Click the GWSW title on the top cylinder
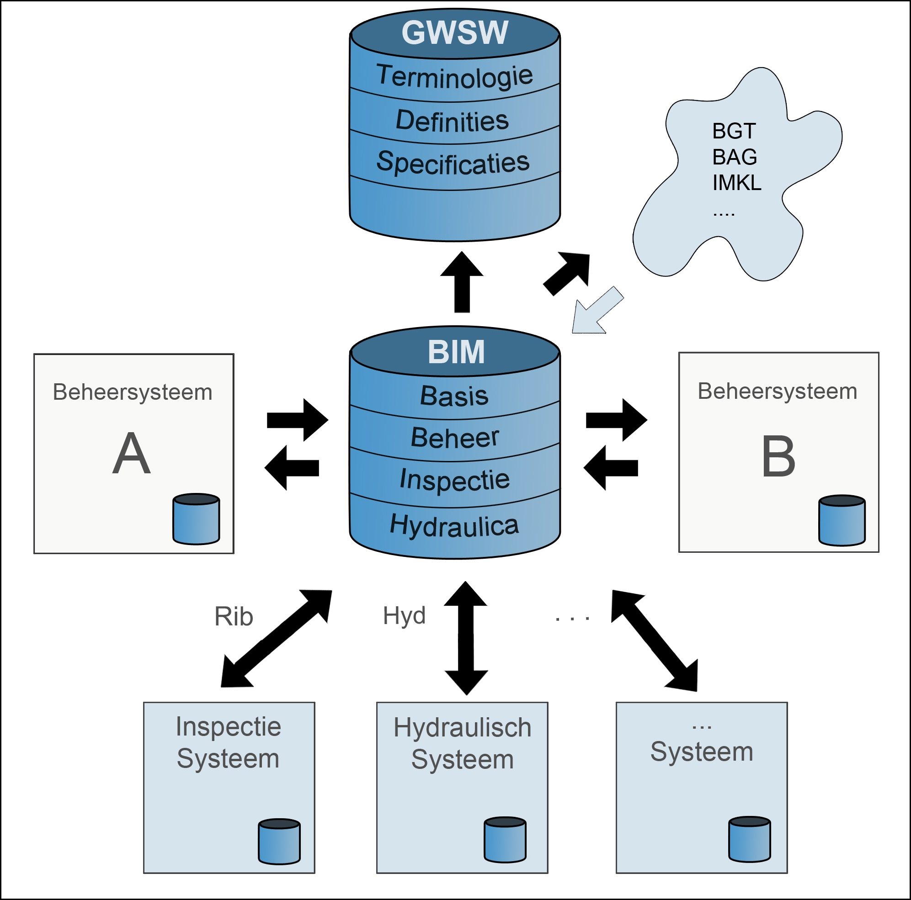[454, 32]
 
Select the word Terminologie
[454, 76]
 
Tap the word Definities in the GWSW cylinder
[452, 121]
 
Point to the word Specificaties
[453, 163]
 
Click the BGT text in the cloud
[734, 131]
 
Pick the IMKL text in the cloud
[736, 183]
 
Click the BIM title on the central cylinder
[456, 352]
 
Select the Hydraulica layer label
[454, 525]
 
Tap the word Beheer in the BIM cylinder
[454, 438]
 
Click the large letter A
[132, 454]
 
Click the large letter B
[778, 456]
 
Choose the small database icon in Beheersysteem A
[196, 519]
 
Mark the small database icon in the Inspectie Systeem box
[279, 842]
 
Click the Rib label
[234, 616]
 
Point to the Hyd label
[404, 615]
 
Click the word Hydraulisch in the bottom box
[462, 728]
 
